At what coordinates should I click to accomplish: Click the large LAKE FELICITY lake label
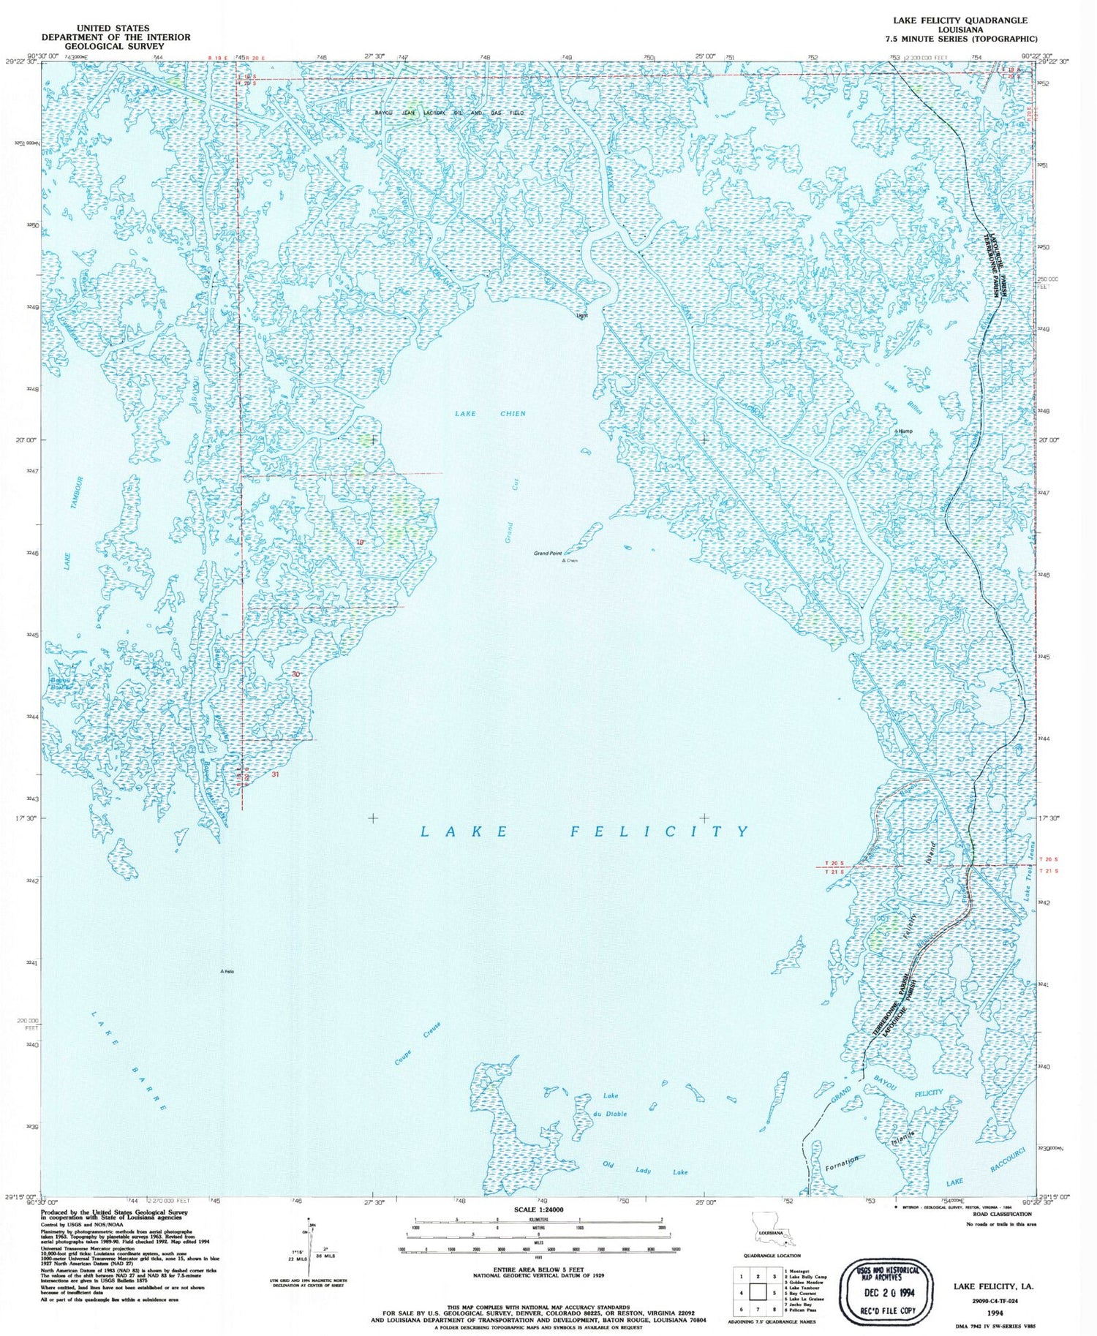pyautogui.click(x=585, y=831)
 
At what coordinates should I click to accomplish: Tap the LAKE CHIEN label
pyautogui.click(x=490, y=414)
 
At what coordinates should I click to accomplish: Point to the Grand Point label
pyautogui.click(x=548, y=554)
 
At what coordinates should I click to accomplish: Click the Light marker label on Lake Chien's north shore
pyautogui.click(x=582, y=316)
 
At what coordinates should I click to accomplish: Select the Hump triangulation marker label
pyautogui.click(x=905, y=431)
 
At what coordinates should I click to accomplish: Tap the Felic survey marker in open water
pyautogui.click(x=227, y=971)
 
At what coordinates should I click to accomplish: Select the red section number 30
pyautogui.click(x=295, y=674)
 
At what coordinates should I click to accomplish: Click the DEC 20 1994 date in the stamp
pyautogui.click(x=887, y=1291)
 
